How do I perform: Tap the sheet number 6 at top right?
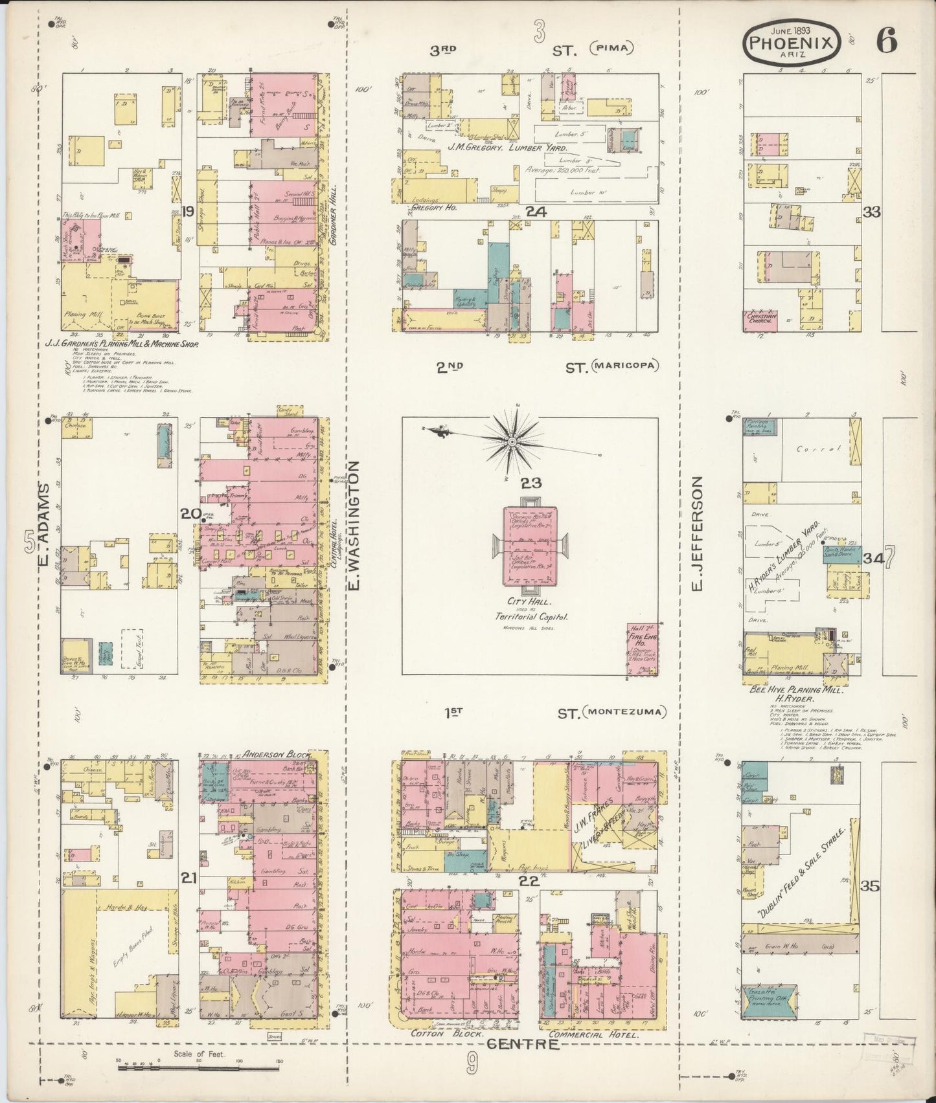pos(887,41)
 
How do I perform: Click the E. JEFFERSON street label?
pos(697,533)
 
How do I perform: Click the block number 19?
pos(188,211)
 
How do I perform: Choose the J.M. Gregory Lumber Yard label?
pos(507,148)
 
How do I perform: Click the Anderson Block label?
pos(275,754)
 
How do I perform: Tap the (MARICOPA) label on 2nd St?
pos(624,366)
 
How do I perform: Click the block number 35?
pos(871,886)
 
